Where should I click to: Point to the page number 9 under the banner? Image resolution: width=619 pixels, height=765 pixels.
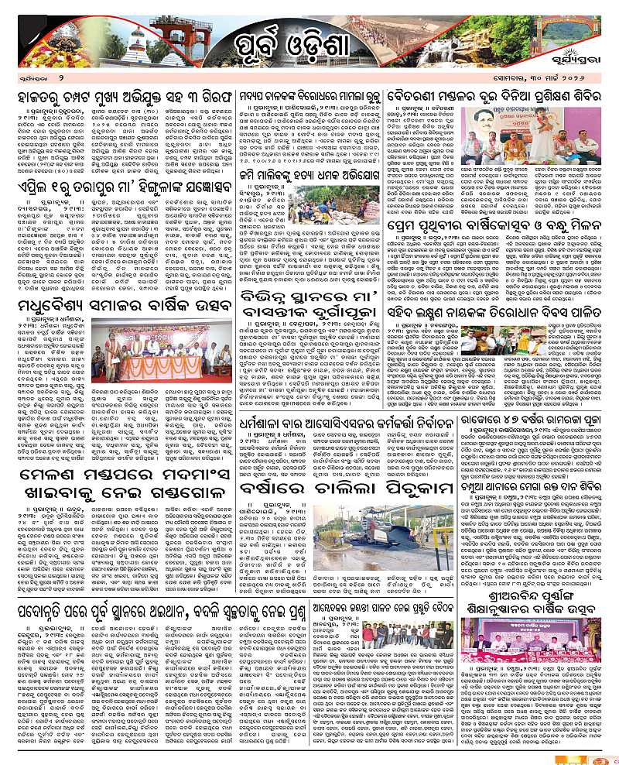59,79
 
